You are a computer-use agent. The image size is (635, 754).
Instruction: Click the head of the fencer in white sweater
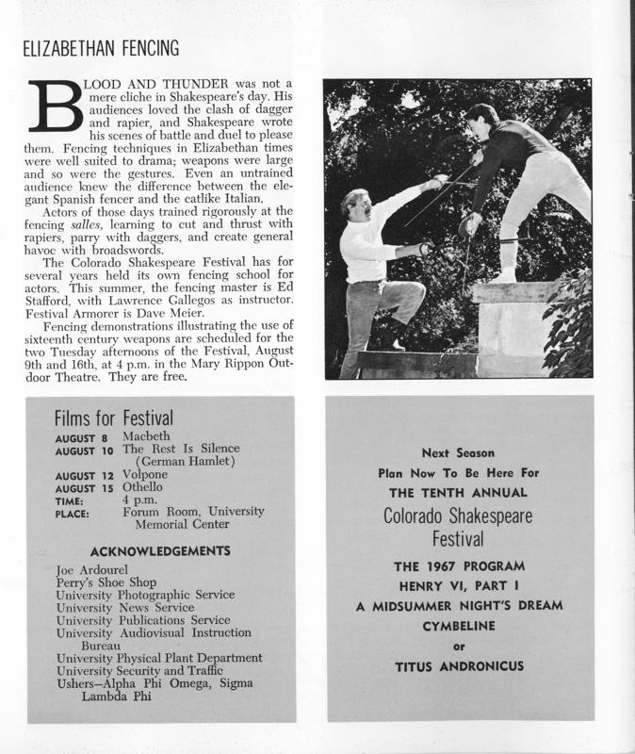pyautogui.click(x=359, y=205)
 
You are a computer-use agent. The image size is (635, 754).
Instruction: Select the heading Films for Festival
pyautogui.click(x=114, y=417)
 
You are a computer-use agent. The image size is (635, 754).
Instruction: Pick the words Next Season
pyautogui.click(x=458, y=452)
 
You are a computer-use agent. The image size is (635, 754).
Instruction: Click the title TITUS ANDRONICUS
pyautogui.click(x=459, y=667)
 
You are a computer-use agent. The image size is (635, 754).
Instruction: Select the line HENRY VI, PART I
pyautogui.click(x=459, y=588)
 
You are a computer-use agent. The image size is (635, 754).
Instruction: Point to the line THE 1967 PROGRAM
pyautogui.click(x=459, y=568)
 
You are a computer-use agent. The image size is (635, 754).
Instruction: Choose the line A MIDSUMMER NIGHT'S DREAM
pyautogui.click(x=459, y=607)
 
